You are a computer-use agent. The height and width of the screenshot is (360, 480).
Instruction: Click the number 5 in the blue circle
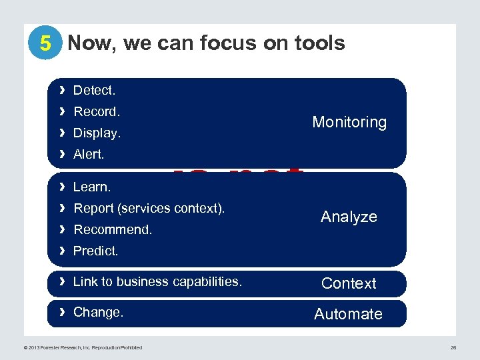click(x=45, y=44)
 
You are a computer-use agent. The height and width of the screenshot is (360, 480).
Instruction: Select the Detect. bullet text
click(x=94, y=90)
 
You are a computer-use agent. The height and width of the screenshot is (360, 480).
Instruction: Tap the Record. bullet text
click(x=97, y=111)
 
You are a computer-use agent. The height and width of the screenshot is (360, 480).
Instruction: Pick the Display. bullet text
click(x=97, y=133)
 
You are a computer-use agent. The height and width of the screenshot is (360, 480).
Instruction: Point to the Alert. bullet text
click(x=89, y=154)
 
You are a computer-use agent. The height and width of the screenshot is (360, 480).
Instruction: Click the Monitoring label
click(x=349, y=122)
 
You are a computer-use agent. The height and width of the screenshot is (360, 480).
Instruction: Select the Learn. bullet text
click(x=92, y=187)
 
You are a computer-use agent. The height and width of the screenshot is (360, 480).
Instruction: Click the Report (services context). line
click(x=149, y=209)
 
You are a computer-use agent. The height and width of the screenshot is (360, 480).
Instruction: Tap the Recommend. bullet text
click(x=113, y=230)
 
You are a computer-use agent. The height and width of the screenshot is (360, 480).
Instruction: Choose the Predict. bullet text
click(x=96, y=251)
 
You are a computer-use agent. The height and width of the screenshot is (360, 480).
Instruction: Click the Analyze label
click(x=349, y=217)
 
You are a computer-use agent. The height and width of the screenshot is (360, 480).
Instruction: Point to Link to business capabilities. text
click(x=157, y=281)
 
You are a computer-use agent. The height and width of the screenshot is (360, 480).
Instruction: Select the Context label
click(x=349, y=283)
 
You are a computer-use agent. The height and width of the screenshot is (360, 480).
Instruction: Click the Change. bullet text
click(x=98, y=312)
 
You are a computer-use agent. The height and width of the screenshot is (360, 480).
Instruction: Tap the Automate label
click(x=348, y=314)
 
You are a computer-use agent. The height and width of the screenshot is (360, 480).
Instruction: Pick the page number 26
click(x=453, y=347)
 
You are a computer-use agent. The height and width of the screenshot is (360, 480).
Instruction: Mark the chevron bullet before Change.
click(x=61, y=312)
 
